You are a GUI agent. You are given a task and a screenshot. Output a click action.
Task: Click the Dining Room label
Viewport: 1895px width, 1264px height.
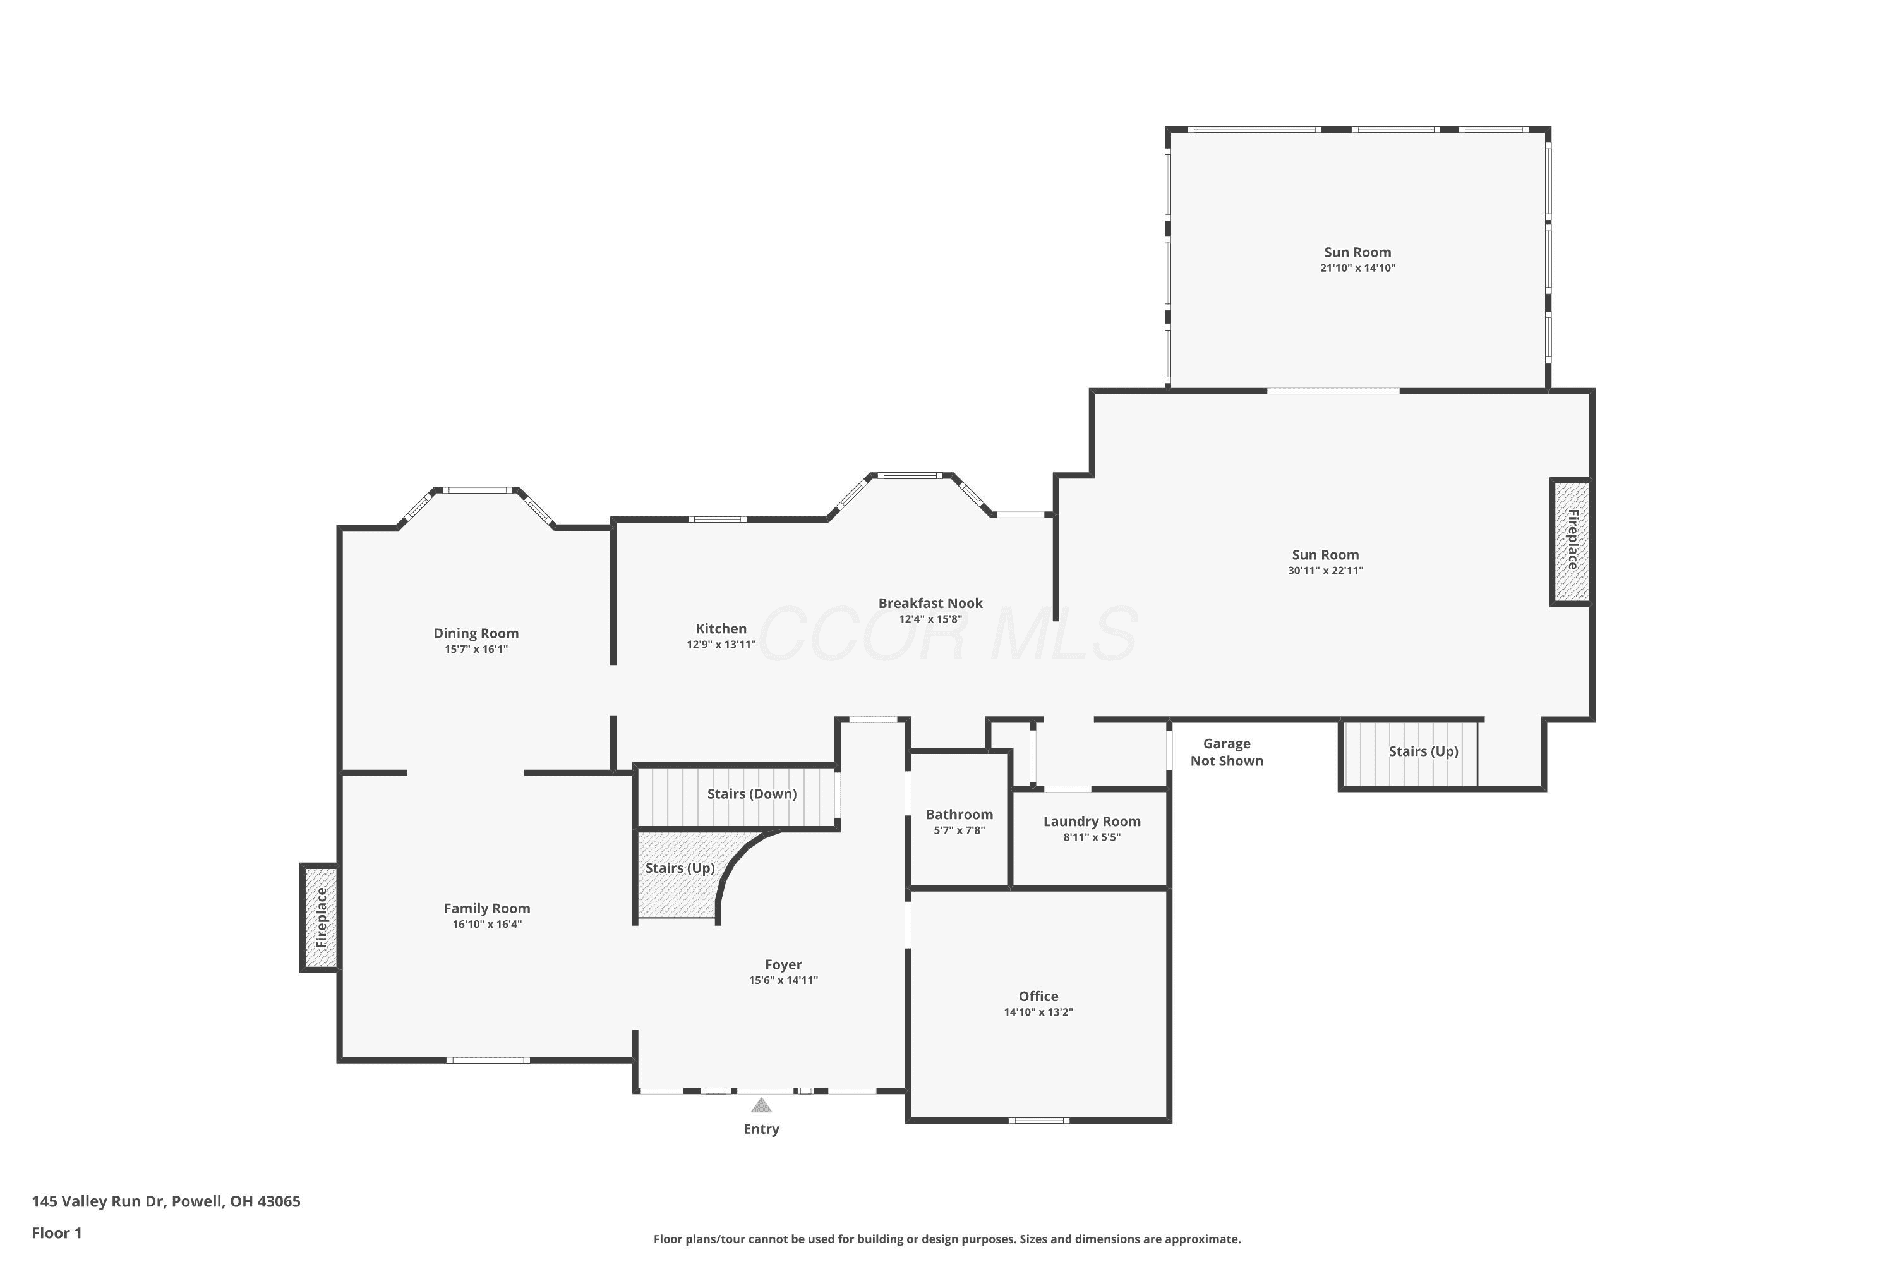[x=476, y=634]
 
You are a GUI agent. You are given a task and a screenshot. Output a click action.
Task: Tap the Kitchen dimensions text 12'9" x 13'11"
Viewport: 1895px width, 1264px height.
[x=721, y=645]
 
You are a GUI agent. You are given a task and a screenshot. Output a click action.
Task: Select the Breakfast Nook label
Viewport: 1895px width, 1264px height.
[x=930, y=603]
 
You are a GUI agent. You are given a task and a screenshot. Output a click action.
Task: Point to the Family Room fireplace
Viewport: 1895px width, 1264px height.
[x=320, y=918]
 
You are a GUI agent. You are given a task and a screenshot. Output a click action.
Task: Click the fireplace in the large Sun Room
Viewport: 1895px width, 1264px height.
[x=1571, y=541]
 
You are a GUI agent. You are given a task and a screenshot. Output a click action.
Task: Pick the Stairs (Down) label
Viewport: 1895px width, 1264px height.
[x=752, y=794]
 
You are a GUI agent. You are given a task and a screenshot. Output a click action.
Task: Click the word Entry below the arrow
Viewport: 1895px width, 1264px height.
[x=761, y=1129]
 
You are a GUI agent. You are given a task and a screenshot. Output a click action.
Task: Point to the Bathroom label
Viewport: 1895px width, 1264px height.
[x=959, y=815]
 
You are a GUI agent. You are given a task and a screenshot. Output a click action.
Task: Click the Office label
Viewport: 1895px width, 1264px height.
[x=1038, y=997]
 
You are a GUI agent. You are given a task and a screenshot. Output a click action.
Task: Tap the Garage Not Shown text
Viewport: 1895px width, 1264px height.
[x=1227, y=752]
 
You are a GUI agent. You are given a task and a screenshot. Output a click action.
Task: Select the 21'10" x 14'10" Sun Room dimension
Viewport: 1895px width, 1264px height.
[x=1357, y=269]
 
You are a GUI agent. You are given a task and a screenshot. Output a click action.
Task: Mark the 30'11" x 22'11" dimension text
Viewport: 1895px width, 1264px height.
[x=1325, y=571]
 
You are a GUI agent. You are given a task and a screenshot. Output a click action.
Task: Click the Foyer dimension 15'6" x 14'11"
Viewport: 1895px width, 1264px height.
[x=783, y=980]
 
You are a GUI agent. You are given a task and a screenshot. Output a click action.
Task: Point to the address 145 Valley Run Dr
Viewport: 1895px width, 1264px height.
[x=99, y=1201]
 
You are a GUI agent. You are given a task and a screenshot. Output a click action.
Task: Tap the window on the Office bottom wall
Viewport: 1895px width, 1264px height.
[x=1039, y=1120]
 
